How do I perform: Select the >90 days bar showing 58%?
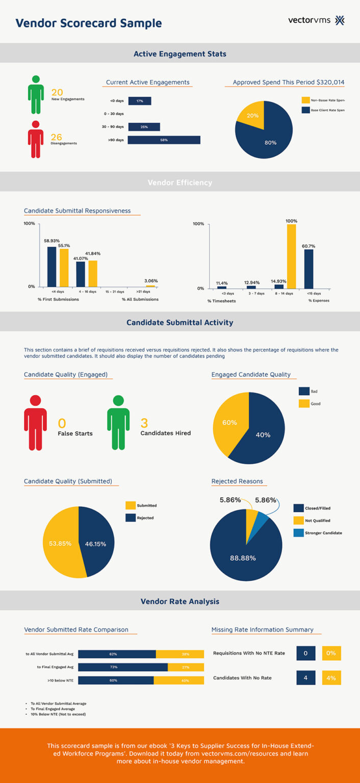tap(164, 140)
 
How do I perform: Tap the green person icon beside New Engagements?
tap(35, 95)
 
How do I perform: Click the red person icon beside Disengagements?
tap(35, 139)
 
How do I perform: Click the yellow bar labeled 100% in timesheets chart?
tap(291, 256)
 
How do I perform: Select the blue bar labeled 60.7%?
tap(308, 269)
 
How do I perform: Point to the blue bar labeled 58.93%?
tap(52, 267)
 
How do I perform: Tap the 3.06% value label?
tap(151, 281)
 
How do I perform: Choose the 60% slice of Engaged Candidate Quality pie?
tap(229, 423)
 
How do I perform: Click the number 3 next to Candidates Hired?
tap(144, 423)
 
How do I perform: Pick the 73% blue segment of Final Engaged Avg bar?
tap(123, 667)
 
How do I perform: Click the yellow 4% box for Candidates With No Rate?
tap(331, 677)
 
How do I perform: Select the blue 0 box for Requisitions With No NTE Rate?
tap(305, 653)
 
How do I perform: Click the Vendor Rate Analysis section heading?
tap(180, 602)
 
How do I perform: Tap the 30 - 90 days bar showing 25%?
tap(144, 126)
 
